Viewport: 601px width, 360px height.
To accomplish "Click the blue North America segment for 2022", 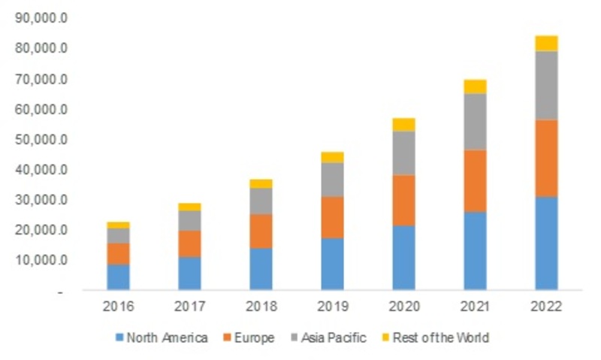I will tap(546, 243).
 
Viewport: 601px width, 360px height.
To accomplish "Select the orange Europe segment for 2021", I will tap(475, 180).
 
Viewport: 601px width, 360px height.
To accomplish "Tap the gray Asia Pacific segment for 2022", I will tap(546, 85).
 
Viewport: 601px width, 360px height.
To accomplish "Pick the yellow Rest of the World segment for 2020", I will tap(403, 124).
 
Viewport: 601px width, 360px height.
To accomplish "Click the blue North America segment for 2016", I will tap(118, 277).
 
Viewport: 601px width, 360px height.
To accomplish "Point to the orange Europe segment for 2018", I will tap(261, 231).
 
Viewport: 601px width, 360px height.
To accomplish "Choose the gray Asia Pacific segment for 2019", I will tap(332, 179).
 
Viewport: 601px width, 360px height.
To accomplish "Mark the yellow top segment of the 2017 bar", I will tap(189, 207).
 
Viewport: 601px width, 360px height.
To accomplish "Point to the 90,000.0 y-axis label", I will tap(41, 18).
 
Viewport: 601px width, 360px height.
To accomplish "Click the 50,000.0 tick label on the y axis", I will tap(41, 140).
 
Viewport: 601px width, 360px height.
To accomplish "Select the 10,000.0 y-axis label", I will tap(41, 261).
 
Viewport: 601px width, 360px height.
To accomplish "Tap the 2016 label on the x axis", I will tap(118, 306).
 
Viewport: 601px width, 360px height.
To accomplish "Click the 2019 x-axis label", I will tap(332, 306).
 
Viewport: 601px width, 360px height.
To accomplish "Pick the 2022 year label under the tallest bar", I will tap(546, 306).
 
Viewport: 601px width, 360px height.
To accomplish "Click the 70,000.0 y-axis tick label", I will tap(41, 79).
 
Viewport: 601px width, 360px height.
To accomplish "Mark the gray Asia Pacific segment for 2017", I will tap(189, 220).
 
